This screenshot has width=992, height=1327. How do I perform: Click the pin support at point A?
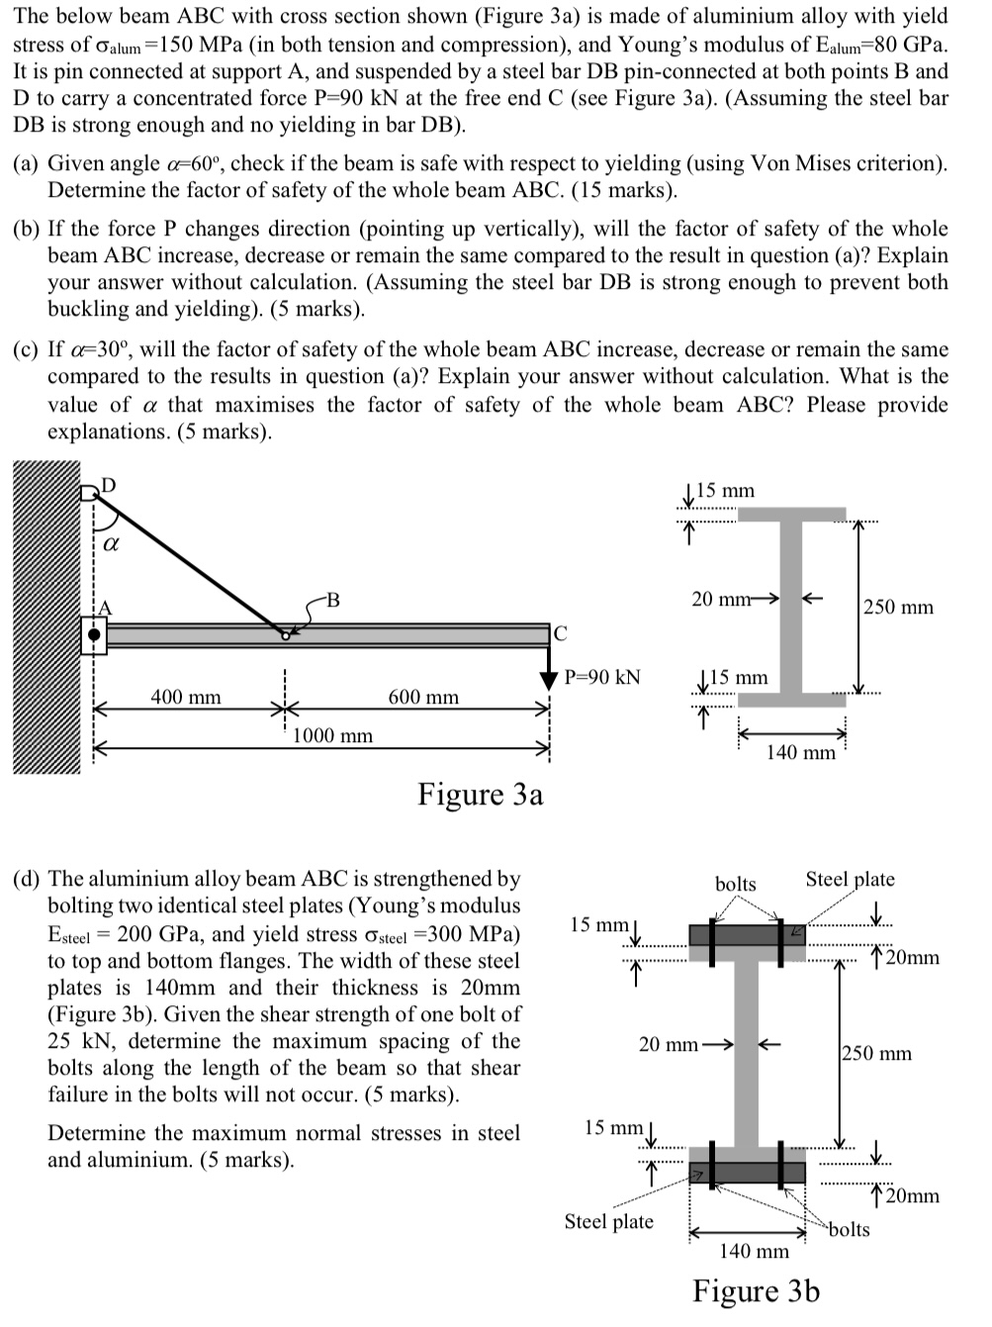click(x=93, y=635)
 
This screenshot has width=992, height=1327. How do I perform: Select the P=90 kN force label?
click(x=601, y=677)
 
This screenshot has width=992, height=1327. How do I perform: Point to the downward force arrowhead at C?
click(x=550, y=680)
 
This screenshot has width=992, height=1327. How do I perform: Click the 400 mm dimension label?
click(x=186, y=698)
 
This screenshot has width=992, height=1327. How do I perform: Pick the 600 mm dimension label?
click(x=423, y=698)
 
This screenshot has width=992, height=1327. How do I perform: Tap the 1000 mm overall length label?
click(x=333, y=735)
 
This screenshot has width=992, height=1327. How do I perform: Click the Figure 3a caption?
click(x=480, y=795)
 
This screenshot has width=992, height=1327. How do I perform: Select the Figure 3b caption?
click(x=756, y=1291)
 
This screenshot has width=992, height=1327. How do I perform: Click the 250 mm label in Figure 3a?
click(x=898, y=607)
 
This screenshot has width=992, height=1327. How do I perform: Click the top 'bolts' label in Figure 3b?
click(x=735, y=884)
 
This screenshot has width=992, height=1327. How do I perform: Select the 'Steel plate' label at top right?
click(x=850, y=879)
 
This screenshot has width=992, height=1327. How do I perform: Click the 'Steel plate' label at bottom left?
click(x=608, y=1221)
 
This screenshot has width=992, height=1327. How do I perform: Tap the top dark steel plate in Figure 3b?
click(x=748, y=935)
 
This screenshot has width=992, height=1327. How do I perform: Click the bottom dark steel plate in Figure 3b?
click(x=748, y=1173)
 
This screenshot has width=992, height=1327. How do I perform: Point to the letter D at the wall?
click(x=109, y=485)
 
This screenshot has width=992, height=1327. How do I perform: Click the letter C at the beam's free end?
click(x=560, y=633)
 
